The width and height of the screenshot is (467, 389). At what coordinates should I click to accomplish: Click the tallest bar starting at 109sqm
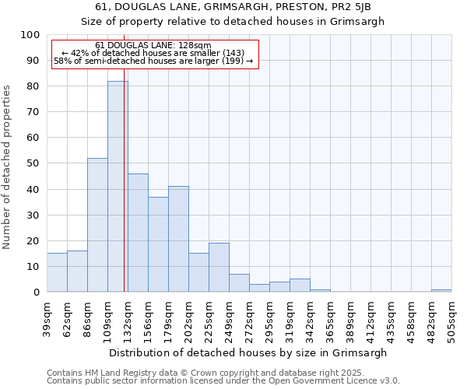tap(118, 187)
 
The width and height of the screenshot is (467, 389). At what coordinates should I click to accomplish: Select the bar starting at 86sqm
tap(97, 225)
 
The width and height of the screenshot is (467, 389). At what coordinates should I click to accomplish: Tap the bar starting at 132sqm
tap(138, 233)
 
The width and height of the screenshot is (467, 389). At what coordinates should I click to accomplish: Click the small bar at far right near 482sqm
tap(441, 290)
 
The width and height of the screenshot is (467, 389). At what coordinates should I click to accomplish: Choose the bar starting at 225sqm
tap(219, 268)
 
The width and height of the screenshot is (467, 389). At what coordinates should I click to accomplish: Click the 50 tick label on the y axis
tap(33, 163)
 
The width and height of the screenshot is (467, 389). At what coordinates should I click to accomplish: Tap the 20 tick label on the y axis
tap(33, 240)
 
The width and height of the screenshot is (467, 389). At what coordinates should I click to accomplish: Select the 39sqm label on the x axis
tap(47, 317)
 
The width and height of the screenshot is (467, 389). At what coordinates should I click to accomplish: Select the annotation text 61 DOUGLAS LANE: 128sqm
tap(153, 46)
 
